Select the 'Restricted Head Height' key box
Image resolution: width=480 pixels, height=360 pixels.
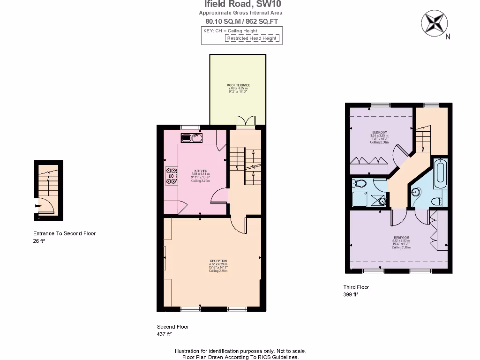pyautogui.click(x=253, y=38)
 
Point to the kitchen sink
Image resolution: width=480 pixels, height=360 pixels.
pyautogui.click(x=191, y=138)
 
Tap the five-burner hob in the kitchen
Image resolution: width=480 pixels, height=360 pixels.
pyautogui.click(x=171, y=175)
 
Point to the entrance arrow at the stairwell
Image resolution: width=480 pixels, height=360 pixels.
pyautogui.click(x=34, y=205)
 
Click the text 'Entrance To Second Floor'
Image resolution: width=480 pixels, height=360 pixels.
pyautogui.click(x=64, y=233)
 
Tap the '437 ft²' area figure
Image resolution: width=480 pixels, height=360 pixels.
pyautogui.click(x=164, y=334)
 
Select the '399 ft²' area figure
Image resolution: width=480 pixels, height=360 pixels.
pyautogui.click(x=351, y=295)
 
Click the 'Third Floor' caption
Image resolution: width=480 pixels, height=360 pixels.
pyautogui.click(x=356, y=287)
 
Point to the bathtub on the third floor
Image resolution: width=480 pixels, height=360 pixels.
pyautogui.click(x=441, y=174)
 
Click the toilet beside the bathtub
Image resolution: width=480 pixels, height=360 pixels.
pyautogui.click(x=436, y=201)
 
